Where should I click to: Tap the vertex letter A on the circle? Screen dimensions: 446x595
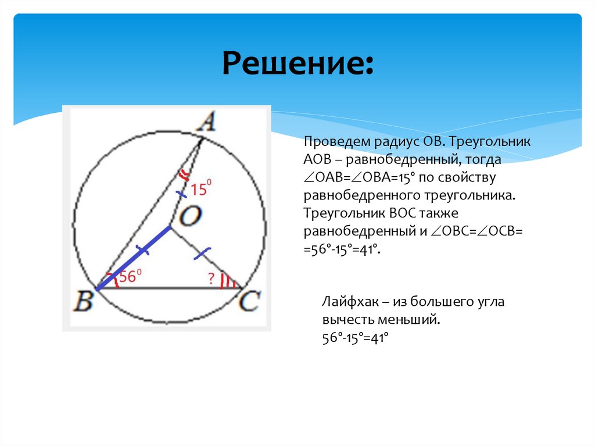[x=205, y=123]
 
